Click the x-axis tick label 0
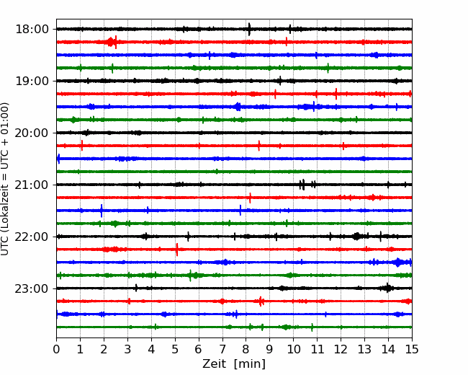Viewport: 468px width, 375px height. (x=57, y=350)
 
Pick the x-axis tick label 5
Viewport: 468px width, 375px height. (x=175, y=350)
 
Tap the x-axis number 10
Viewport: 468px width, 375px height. (x=293, y=350)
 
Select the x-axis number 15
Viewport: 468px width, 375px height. (x=411, y=350)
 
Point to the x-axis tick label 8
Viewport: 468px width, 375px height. (x=246, y=350)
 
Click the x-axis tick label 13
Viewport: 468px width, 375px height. (x=364, y=350)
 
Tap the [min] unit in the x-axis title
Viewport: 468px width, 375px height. (x=250, y=364)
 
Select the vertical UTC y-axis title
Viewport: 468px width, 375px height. (x=6, y=178)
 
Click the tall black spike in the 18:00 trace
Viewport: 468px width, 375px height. (x=249, y=29)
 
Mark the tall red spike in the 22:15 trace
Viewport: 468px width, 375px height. (x=177, y=250)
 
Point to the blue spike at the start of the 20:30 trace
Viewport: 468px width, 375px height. (x=58, y=159)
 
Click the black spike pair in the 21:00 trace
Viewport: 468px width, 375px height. (x=302, y=185)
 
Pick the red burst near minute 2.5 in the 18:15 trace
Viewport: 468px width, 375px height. (x=112, y=42)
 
